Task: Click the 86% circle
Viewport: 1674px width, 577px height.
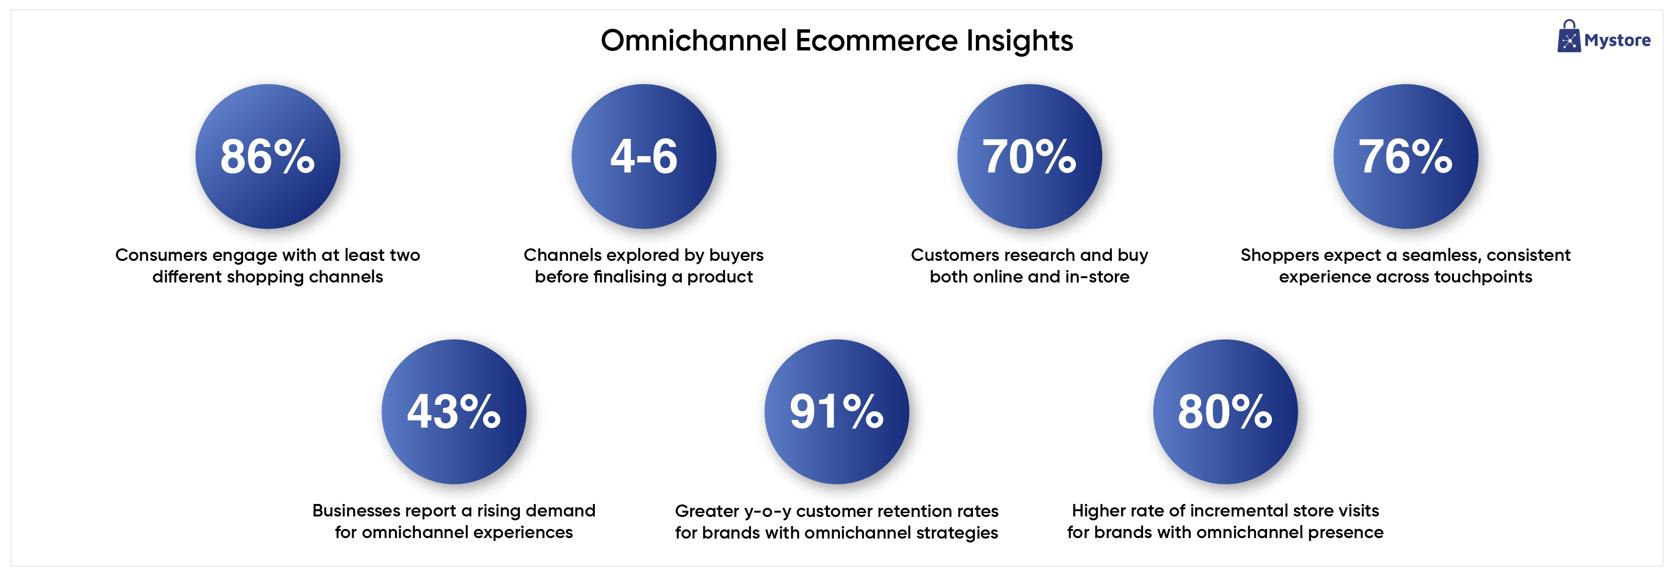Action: click(x=268, y=157)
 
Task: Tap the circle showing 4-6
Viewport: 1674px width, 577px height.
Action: click(x=644, y=157)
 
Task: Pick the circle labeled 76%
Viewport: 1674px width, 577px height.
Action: click(x=1405, y=157)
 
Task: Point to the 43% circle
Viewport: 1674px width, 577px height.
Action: click(x=454, y=412)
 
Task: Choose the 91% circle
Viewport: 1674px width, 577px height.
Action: click(x=837, y=412)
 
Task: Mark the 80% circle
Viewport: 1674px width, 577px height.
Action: click(x=1225, y=412)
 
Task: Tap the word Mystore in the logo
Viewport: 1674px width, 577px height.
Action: click(x=1617, y=41)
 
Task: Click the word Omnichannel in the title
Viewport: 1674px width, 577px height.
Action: click(x=694, y=40)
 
